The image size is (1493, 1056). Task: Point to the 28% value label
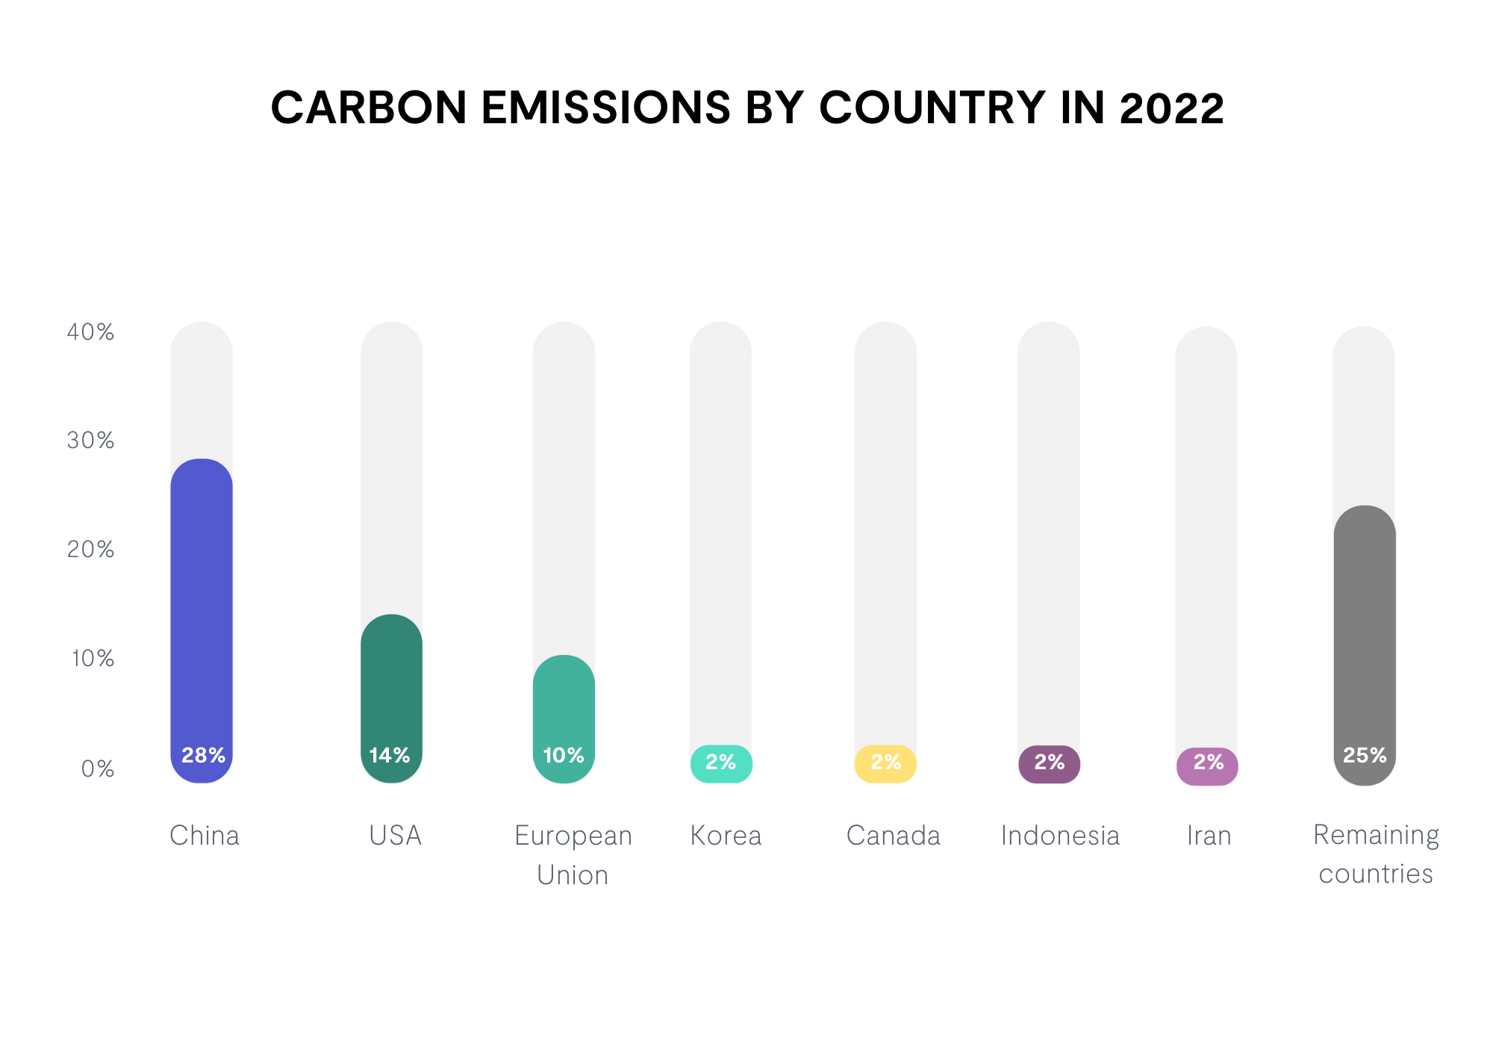203,755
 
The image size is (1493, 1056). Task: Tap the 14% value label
390,755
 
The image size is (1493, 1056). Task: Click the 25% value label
1365,755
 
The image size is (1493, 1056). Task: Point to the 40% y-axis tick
90,332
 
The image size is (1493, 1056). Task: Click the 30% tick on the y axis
90,440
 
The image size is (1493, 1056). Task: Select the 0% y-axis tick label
98,768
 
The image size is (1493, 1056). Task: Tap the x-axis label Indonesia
1060,835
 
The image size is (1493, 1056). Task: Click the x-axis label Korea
726,835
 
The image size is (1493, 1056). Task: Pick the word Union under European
573,875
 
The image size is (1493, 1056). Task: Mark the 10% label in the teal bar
564,755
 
